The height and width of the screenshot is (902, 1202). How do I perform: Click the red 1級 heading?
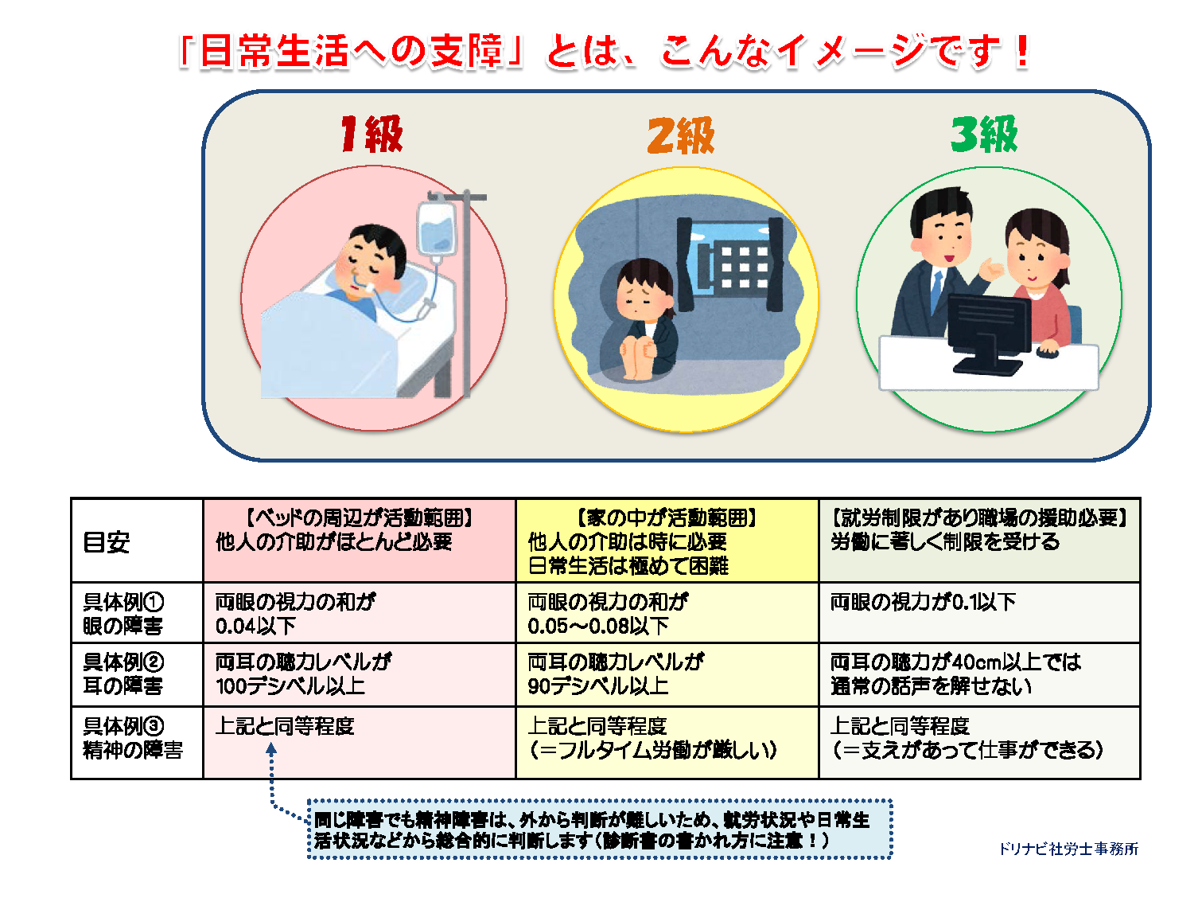click(x=371, y=134)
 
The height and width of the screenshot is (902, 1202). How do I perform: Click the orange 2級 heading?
click(x=681, y=135)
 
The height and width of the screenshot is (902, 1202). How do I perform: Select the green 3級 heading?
click(x=984, y=134)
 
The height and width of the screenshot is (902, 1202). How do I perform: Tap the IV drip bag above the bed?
click(x=437, y=229)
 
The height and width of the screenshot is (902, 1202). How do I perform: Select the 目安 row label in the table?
click(x=107, y=542)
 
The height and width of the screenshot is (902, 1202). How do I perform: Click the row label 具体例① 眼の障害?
click(x=123, y=614)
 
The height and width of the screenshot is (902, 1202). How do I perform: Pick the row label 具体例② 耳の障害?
click(x=123, y=674)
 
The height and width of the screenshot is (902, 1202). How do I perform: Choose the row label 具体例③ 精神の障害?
click(x=133, y=738)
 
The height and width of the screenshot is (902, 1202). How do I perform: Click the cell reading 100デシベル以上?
click(x=360, y=674)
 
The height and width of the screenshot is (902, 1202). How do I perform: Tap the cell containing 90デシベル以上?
click(x=667, y=674)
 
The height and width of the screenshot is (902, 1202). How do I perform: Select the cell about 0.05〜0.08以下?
click(x=667, y=613)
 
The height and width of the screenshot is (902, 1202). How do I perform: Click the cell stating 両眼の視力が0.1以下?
click(x=979, y=613)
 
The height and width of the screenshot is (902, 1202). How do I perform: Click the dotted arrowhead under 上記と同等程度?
click(x=271, y=748)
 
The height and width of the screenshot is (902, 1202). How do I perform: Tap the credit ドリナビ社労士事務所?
click(x=1068, y=849)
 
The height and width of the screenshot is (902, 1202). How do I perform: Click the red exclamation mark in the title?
click(x=1022, y=51)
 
